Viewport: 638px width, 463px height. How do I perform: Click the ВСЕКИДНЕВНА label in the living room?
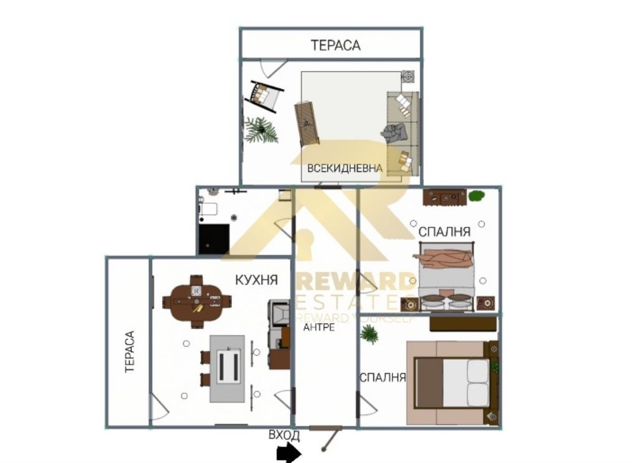pos(345,168)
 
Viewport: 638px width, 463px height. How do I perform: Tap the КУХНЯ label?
pos(257,280)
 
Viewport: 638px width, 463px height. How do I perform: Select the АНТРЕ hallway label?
pos(319,327)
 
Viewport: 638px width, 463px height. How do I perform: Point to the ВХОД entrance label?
pos(284,435)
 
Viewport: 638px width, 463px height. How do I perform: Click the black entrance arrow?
pos(289,453)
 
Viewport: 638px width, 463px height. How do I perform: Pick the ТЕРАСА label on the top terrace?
pos(336,45)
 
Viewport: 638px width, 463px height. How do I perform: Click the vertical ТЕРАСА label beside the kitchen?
pos(130,351)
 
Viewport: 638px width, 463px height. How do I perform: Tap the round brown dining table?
pos(196,301)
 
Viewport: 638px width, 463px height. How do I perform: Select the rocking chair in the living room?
pos(263,96)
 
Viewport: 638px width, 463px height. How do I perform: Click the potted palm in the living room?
pos(260,130)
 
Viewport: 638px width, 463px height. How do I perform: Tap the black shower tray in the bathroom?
pos(214,239)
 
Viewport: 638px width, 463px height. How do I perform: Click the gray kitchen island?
pos(227,368)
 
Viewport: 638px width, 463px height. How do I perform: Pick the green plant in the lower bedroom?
pos(369,334)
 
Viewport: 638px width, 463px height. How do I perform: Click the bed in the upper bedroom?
pos(446,277)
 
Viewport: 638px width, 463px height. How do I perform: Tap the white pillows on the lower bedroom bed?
pos(478,383)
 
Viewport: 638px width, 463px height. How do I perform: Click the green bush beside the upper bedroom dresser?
pos(477,196)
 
